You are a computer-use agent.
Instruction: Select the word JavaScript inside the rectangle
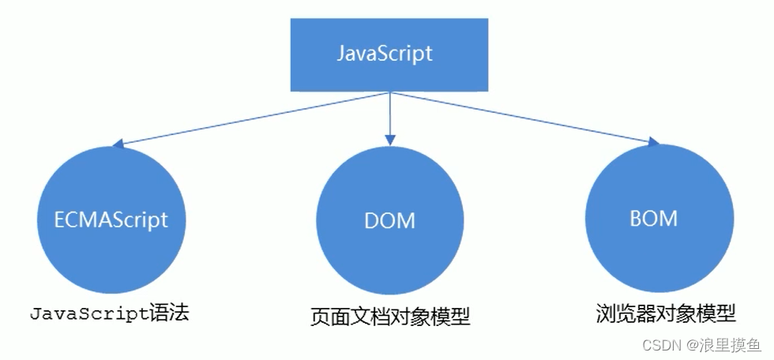(385, 54)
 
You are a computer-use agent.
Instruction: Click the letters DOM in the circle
(389, 220)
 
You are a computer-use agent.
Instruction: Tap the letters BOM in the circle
(655, 217)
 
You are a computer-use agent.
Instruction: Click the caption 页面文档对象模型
(390, 317)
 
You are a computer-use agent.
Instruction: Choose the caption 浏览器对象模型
(666, 313)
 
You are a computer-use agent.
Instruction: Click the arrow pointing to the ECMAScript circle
(253, 118)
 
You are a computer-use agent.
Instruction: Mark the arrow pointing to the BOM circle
(521, 117)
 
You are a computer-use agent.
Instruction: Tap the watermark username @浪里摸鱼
(722, 344)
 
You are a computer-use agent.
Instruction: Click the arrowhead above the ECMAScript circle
(119, 145)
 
